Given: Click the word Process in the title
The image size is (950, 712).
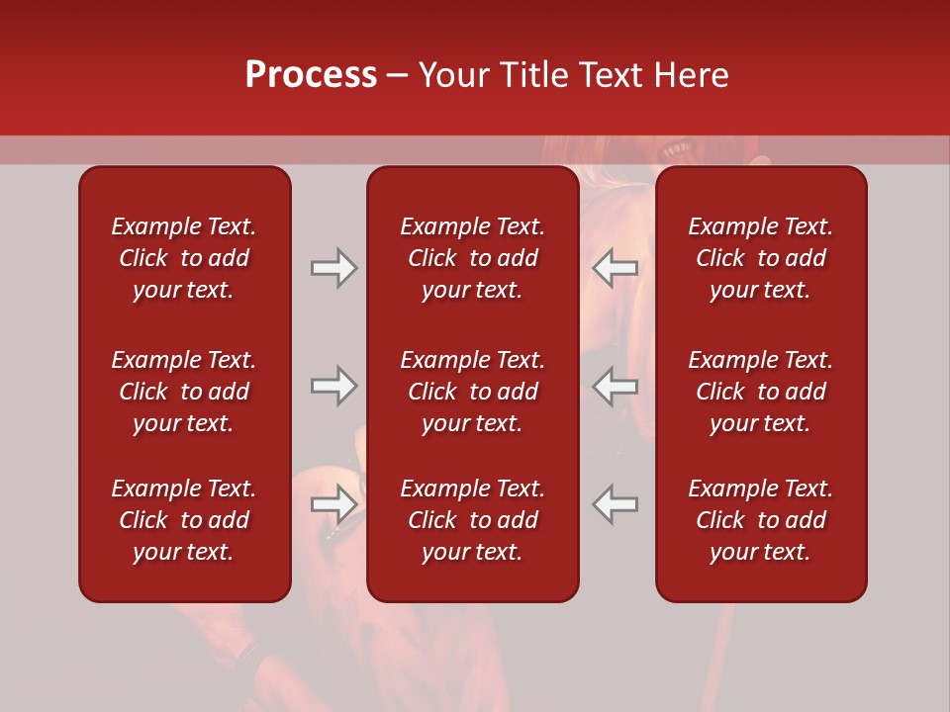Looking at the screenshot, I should [311, 75].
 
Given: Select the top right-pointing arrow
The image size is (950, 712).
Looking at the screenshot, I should [334, 267].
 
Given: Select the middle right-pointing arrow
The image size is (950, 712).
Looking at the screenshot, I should [334, 386].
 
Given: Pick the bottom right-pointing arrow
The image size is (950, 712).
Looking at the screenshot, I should [334, 504].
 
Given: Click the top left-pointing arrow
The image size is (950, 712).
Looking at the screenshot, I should [616, 267].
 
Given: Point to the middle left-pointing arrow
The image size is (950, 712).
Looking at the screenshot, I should [616, 386].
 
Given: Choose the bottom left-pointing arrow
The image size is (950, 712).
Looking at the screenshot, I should [616, 504].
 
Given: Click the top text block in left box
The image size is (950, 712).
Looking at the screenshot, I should [184, 258].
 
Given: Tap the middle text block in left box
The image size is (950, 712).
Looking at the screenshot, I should [184, 392].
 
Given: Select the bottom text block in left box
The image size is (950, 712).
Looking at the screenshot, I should [184, 520].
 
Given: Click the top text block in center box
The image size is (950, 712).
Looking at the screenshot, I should [472, 258].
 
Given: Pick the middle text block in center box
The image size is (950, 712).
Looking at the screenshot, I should [472, 392].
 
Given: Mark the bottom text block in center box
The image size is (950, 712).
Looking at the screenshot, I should [472, 520].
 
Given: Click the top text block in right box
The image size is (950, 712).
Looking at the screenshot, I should [760, 258].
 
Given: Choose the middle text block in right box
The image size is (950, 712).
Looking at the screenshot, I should [760, 392].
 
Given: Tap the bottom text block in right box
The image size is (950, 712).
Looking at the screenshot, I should [760, 520].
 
